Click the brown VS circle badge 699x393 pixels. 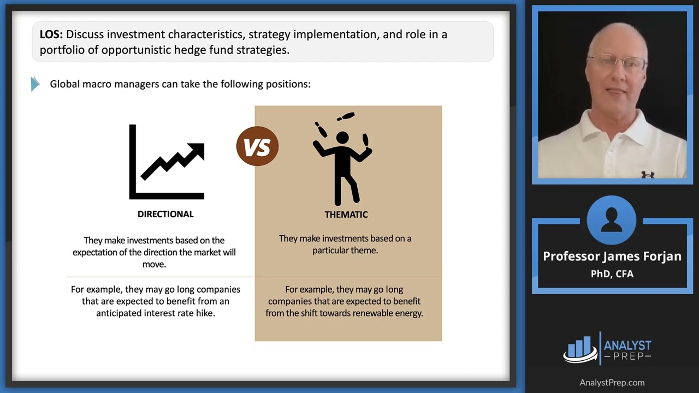(x=257, y=146)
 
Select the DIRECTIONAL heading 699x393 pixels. (x=165, y=214)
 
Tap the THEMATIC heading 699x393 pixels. (x=346, y=215)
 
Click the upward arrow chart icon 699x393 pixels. (x=167, y=162)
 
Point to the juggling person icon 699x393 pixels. (x=342, y=158)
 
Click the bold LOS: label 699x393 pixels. (x=51, y=34)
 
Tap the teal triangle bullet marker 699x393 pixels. (x=35, y=84)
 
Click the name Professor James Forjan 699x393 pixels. (x=612, y=257)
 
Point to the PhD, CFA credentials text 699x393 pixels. (x=612, y=274)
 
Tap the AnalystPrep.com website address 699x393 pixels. (x=612, y=383)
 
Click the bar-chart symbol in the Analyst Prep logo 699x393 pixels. (x=580, y=348)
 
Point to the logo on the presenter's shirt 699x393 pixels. (x=648, y=174)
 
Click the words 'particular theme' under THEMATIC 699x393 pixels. (x=345, y=251)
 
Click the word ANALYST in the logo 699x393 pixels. (x=627, y=346)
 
